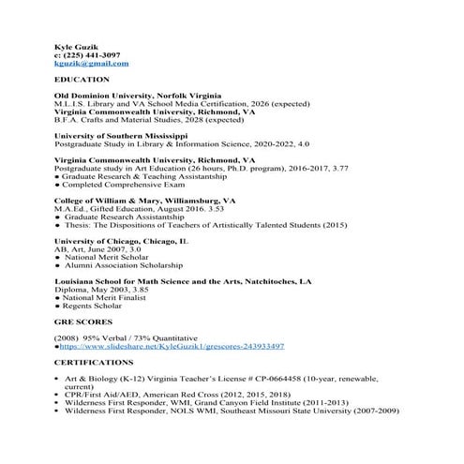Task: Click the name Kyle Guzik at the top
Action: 74,46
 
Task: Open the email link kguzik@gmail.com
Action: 92,64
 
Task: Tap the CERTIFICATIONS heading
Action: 94,362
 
